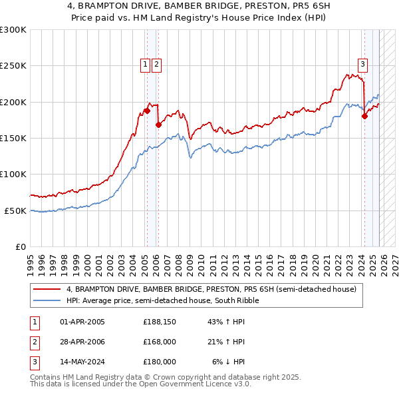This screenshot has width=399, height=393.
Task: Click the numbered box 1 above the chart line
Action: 145,65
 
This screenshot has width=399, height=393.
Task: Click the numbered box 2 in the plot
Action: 156,65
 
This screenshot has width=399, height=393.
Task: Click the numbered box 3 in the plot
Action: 362,65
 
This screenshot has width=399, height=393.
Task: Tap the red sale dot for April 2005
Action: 147,111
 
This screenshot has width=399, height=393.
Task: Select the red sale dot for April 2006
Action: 158,125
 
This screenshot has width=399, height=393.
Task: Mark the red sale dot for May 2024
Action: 364,116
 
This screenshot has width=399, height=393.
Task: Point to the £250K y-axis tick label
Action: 13,66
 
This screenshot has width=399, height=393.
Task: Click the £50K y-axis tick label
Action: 15,210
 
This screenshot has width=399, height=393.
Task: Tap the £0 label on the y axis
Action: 21,246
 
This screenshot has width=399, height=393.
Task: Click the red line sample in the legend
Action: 47,290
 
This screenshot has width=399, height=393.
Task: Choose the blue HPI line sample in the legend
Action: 47,300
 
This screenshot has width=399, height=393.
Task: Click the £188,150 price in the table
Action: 159,322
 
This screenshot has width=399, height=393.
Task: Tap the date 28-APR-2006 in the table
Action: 82,342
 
